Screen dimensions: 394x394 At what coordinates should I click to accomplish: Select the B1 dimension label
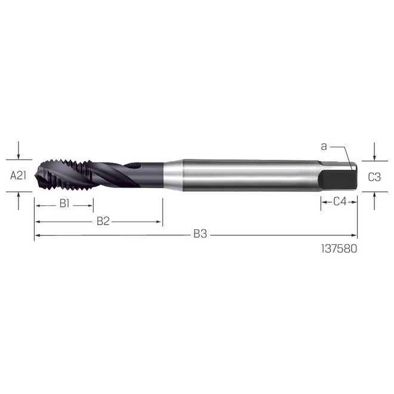[x=64, y=204]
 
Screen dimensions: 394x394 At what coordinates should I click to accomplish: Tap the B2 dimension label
[x=103, y=221]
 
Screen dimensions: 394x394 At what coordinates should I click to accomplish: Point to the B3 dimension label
[x=199, y=235]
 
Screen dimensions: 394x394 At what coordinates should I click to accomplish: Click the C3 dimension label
[x=374, y=177]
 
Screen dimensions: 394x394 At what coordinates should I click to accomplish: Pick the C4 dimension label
[x=340, y=202]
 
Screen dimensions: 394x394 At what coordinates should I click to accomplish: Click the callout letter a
[x=324, y=146]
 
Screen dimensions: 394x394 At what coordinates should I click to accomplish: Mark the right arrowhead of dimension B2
[x=160, y=222]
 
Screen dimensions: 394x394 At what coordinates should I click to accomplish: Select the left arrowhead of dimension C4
[x=323, y=202]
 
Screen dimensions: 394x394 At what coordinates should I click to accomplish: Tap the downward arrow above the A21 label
[x=19, y=156]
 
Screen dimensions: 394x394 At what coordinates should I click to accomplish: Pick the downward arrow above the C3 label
[x=374, y=157]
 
